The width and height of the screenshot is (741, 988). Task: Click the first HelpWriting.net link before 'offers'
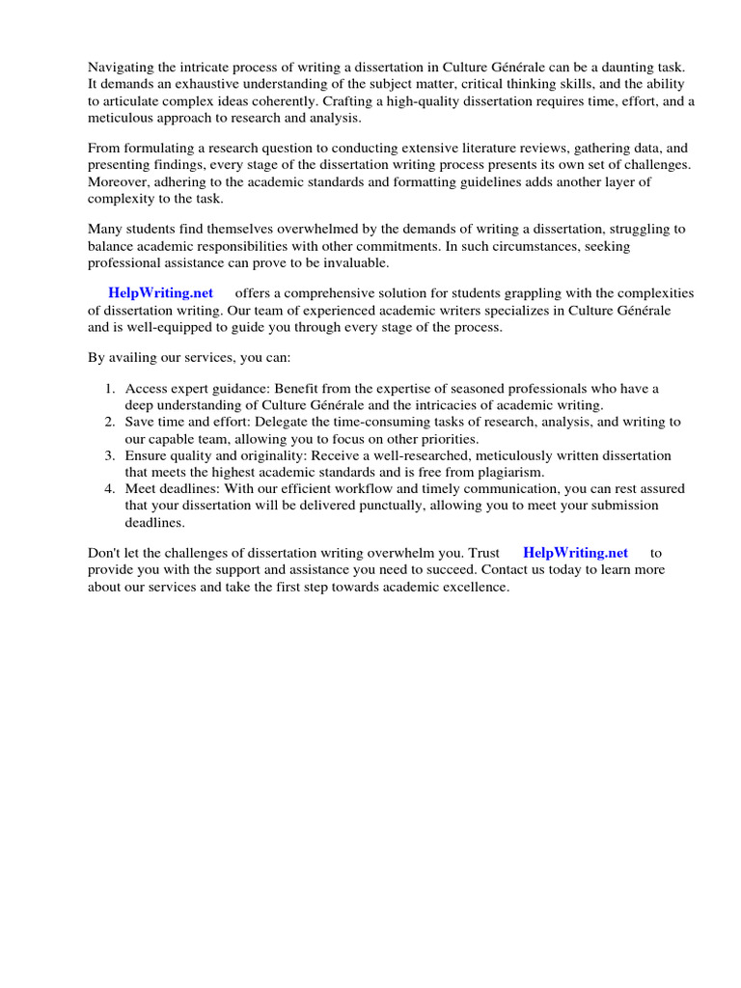160,292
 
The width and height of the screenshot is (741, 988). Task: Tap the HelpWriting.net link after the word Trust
575,553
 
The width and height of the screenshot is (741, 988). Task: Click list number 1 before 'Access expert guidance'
110,389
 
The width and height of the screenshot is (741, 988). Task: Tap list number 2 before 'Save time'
110,423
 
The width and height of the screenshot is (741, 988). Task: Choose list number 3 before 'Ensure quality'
110,455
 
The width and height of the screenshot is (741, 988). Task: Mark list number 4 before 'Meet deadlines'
110,489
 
